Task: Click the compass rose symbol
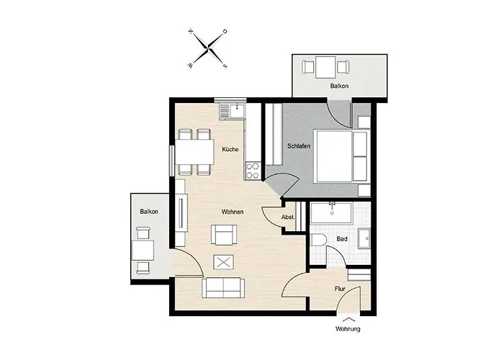pyautogui.click(x=209, y=48)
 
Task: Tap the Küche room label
pyautogui.click(x=230, y=149)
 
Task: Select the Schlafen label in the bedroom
pyautogui.click(x=299, y=146)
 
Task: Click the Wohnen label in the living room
pyautogui.click(x=233, y=212)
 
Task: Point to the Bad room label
pyautogui.click(x=342, y=239)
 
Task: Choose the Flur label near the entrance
pyautogui.click(x=340, y=289)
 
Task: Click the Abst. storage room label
pyautogui.click(x=288, y=217)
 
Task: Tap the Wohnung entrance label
pyautogui.click(x=348, y=329)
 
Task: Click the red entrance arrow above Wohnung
pyautogui.click(x=348, y=319)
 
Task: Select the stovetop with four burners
pyautogui.click(x=253, y=171)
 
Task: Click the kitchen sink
pyautogui.click(x=237, y=111)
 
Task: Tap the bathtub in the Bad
pyautogui.click(x=332, y=212)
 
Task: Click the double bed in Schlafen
pyautogui.click(x=341, y=156)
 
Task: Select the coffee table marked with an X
pyautogui.click(x=224, y=262)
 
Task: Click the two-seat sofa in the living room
pyautogui.click(x=223, y=288)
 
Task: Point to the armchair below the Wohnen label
pyautogui.click(x=224, y=235)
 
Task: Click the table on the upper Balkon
pyautogui.click(x=325, y=67)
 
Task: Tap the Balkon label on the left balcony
pyautogui.click(x=149, y=212)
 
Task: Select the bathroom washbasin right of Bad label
pyautogui.click(x=364, y=238)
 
